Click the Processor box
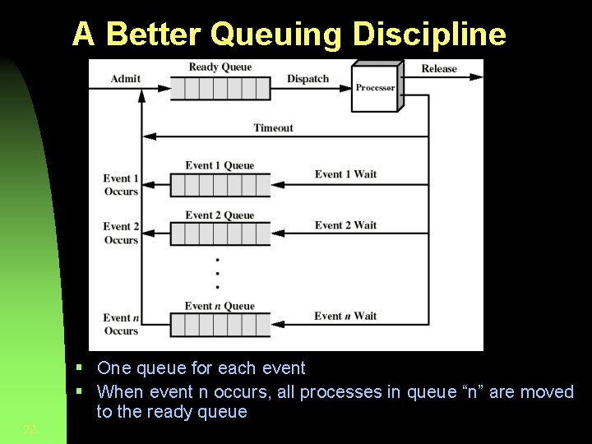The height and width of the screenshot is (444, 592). click(375, 87)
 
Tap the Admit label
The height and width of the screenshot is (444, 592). click(125, 79)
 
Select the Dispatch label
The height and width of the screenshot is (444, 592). click(308, 79)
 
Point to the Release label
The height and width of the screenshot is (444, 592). click(439, 68)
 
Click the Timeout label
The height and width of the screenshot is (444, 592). click(273, 127)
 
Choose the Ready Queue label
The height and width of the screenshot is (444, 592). click(220, 67)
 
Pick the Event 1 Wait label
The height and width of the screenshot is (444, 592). click(345, 173)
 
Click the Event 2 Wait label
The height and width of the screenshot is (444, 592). click(345, 224)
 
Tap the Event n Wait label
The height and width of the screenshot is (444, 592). click(345, 316)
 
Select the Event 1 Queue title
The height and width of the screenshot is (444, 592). click(220, 165)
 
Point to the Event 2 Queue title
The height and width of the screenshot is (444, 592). click(220, 215)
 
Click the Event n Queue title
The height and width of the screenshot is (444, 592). click(220, 306)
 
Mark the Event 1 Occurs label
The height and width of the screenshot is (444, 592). click(121, 185)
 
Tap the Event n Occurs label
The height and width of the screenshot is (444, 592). click(121, 324)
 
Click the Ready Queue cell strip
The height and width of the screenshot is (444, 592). click(220, 88)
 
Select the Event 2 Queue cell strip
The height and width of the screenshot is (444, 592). click(220, 234)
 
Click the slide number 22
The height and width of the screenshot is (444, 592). click(30, 429)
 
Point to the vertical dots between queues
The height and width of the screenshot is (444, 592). click(217, 274)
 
